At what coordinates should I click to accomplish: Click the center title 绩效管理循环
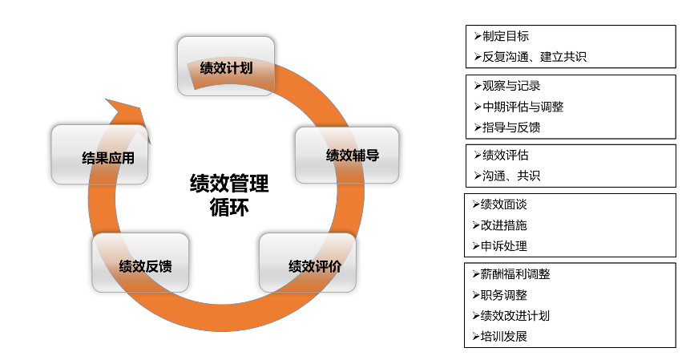click(x=229, y=196)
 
